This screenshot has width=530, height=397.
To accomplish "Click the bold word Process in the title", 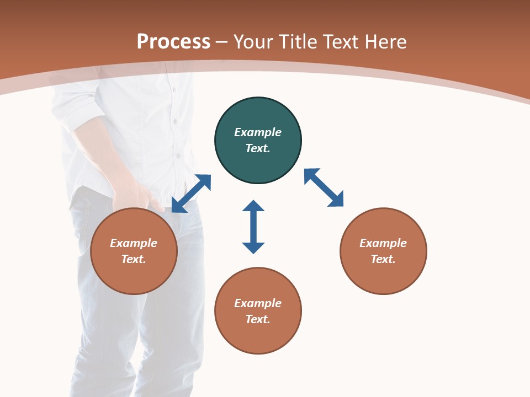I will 173,42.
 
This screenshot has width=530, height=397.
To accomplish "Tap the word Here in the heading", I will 385,42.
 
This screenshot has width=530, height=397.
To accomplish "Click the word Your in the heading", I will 254,42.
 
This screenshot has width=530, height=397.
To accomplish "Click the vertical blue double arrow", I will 253,227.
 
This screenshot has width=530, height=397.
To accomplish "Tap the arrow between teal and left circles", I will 191,193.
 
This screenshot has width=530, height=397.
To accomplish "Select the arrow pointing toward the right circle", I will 324,187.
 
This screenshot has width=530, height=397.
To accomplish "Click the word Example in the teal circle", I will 258,132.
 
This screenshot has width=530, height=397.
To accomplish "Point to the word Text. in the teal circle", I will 258,148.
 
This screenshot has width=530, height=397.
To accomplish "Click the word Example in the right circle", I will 383,243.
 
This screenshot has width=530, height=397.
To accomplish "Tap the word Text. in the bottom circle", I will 258,319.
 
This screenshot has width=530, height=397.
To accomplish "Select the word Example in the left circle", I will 134,243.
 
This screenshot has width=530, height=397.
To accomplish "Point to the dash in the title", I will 222,42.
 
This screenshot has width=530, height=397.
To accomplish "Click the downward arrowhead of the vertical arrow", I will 253,248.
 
